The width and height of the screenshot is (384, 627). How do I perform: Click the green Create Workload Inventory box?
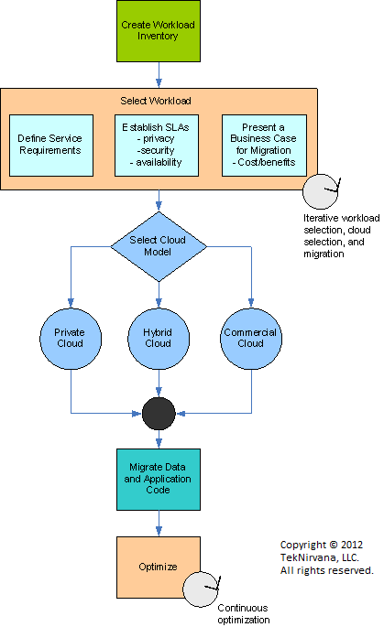tap(159, 31)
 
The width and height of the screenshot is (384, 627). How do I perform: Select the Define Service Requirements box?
tap(51, 146)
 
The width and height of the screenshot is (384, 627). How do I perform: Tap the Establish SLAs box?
tap(157, 146)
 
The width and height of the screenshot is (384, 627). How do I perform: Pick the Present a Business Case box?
tap(264, 146)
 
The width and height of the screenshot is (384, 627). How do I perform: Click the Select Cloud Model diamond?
tap(159, 246)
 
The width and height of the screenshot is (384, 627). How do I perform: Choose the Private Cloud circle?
tap(71, 339)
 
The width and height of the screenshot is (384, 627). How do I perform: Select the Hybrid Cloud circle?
tap(159, 339)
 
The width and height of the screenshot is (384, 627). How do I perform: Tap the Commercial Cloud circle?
tap(251, 339)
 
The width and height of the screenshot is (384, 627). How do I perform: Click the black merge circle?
tap(159, 414)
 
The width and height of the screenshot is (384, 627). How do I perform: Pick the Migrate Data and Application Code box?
tap(159, 480)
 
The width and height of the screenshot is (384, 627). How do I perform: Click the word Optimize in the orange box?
tap(158, 567)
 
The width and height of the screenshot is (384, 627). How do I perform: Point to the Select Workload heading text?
tap(156, 101)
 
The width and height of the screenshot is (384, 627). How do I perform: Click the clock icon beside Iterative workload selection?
tap(321, 191)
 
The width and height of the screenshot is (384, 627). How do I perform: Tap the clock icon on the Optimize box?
tap(201, 589)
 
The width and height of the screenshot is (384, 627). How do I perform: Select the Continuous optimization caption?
tap(244, 614)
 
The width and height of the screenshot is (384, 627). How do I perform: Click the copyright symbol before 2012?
tap(334, 545)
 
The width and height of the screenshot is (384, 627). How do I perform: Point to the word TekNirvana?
tap(309, 557)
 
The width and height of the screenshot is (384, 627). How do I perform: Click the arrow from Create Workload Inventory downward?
tap(159, 75)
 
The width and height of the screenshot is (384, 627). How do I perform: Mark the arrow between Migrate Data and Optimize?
tap(159, 523)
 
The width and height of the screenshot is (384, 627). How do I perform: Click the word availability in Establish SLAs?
tap(159, 162)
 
